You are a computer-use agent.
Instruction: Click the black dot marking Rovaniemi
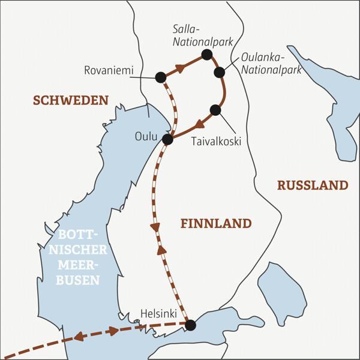(160, 77)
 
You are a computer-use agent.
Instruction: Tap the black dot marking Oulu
(168, 139)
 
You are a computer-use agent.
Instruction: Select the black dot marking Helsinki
(190, 325)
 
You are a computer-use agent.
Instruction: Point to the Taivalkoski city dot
(215, 109)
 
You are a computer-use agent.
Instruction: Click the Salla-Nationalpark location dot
(207, 55)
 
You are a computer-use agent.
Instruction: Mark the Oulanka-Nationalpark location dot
(220, 72)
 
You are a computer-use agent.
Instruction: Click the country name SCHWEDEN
(70, 100)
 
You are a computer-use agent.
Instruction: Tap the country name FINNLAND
(215, 223)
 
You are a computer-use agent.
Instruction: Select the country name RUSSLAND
(312, 185)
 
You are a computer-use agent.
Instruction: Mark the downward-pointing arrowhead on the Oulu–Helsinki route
(156, 228)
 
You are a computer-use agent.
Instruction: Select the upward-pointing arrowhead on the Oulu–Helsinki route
(161, 249)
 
